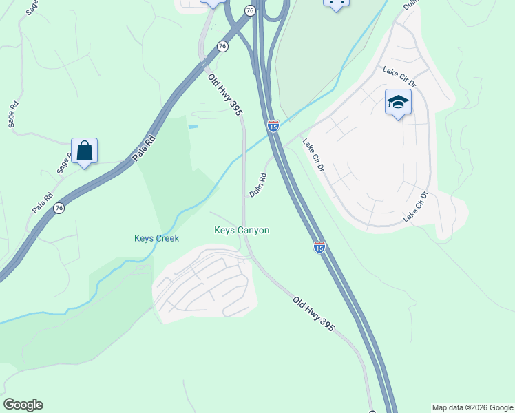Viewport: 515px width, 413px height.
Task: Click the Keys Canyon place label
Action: [242, 231]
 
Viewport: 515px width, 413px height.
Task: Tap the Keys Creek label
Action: [156, 238]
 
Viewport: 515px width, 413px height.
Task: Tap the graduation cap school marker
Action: [398, 103]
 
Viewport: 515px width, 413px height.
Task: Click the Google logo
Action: [23, 405]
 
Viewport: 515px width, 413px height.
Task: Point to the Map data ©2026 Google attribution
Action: [472, 407]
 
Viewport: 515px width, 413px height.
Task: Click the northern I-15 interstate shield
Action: [273, 126]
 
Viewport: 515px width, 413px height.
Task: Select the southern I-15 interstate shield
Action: [319, 246]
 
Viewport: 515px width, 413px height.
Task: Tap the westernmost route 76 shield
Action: [59, 208]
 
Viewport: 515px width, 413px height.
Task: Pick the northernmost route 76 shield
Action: [250, 10]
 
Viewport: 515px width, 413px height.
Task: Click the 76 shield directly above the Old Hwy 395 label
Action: [222, 46]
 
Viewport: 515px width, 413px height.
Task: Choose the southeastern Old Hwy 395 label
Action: [313, 314]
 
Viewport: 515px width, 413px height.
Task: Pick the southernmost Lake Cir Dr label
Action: [415, 206]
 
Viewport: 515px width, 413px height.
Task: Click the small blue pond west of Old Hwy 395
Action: [193, 127]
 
